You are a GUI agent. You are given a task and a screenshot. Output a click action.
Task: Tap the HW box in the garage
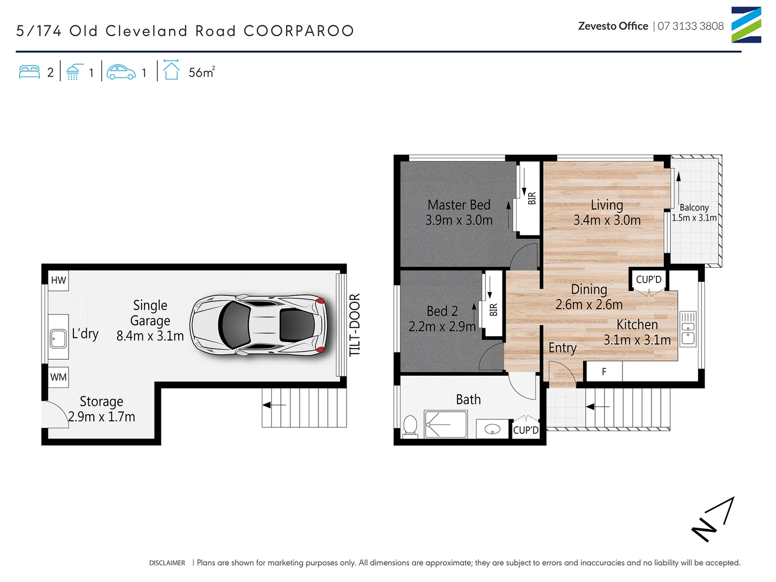click(58, 280)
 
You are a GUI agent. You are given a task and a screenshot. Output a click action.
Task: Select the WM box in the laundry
click(58, 377)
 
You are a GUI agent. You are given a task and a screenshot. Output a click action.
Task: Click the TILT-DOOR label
click(354, 325)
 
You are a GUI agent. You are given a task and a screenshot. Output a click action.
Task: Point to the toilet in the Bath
click(410, 426)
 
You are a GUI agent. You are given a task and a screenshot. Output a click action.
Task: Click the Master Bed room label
click(459, 205)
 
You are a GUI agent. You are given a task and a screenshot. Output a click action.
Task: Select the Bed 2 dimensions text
click(442, 327)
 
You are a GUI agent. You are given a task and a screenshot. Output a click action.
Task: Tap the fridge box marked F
click(604, 372)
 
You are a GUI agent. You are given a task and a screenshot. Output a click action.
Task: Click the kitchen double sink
click(688, 328)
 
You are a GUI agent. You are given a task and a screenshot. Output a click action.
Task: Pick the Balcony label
click(694, 207)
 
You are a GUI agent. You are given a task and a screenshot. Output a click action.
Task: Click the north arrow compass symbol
click(713, 519)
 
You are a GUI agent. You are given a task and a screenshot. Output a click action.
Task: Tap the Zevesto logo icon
click(746, 25)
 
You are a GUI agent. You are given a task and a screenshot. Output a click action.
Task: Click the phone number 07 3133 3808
click(690, 26)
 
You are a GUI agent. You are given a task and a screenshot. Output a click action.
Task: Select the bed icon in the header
click(30, 72)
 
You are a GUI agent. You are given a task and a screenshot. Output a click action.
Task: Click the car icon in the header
click(121, 72)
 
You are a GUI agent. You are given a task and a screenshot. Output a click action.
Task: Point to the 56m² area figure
click(202, 72)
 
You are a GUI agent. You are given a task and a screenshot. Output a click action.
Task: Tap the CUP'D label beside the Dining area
click(648, 280)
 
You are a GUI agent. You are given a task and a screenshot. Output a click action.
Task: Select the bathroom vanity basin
click(493, 429)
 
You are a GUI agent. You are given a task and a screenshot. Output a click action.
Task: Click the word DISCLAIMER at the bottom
click(167, 563)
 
